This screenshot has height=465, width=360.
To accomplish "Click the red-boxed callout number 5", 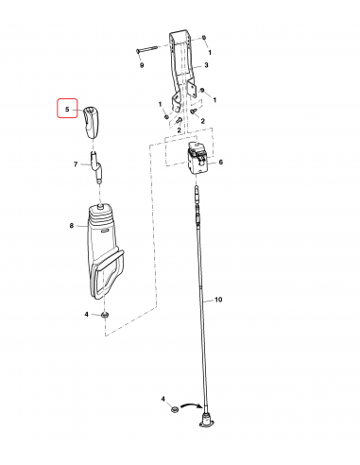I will click(67, 110).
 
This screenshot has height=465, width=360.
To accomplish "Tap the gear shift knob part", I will click(92, 120).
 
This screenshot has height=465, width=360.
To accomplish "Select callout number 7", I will click(76, 164).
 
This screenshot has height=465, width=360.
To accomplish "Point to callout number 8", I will click(71, 225).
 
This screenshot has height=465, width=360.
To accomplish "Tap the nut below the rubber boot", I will click(106, 314).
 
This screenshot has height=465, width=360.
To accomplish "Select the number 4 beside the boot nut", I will click(87, 314).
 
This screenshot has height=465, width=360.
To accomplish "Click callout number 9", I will click(142, 66).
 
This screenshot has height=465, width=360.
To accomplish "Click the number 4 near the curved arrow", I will click(162, 402).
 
